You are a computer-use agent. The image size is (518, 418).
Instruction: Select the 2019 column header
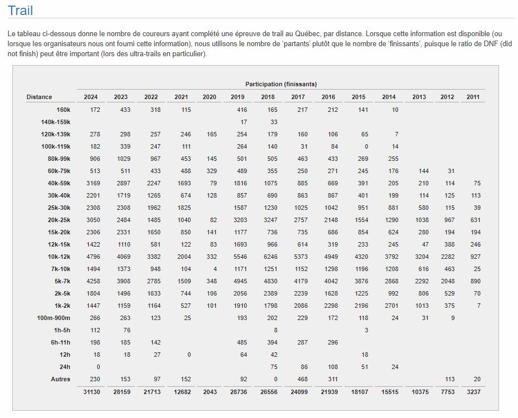click(238, 97)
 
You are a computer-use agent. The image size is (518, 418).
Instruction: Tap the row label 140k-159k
click(56, 122)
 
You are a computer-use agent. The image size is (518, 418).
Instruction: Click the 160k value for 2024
click(95, 110)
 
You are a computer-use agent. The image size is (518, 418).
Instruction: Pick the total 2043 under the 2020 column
click(210, 392)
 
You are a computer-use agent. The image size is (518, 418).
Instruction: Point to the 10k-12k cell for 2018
click(270, 257)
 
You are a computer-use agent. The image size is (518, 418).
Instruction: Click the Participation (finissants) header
click(281, 84)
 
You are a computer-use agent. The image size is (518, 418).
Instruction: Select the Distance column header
click(40, 97)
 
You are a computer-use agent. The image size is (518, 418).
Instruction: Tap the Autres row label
click(60, 379)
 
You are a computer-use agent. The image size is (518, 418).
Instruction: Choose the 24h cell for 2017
click(304, 367)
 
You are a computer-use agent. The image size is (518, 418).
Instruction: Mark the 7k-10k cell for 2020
click(215, 269)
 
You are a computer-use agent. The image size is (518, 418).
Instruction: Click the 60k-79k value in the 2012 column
click(451, 171)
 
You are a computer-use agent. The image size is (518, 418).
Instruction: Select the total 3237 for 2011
click(473, 392)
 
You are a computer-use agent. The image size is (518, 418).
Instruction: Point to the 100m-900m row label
click(54, 318)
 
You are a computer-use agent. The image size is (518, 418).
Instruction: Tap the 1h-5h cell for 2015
click(366, 330)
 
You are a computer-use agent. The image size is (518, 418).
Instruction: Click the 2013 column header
click(419, 97)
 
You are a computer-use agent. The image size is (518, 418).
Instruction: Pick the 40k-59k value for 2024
click(93, 183)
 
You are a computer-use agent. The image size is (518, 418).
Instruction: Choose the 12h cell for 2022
click(157, 355)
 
